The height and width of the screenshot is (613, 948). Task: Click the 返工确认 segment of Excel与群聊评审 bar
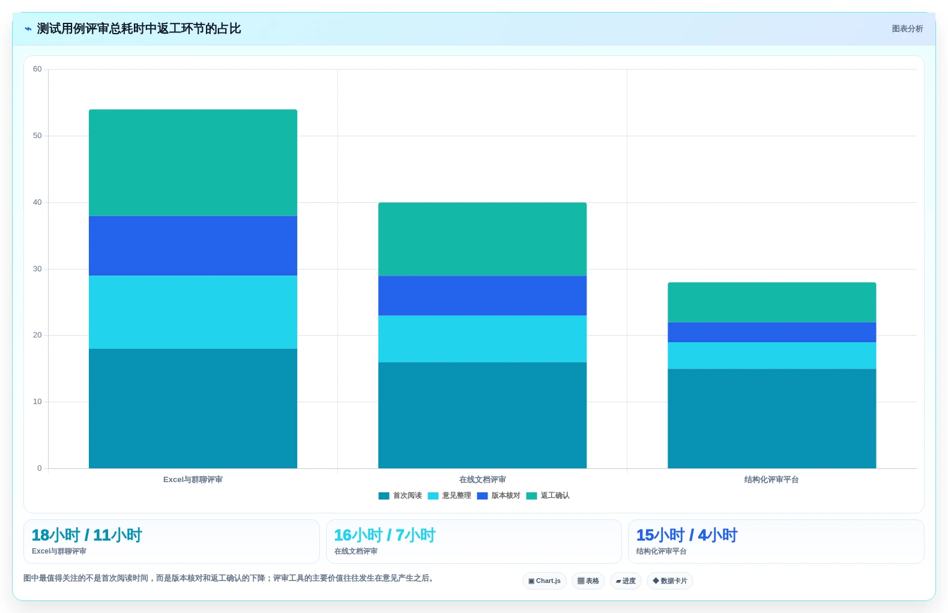tap(193, 163)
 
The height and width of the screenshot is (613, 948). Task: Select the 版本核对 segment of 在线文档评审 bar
tap(483, 295)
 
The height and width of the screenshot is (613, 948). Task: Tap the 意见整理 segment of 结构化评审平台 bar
tap(772, 355)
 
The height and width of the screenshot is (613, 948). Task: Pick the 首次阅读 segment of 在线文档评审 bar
tap(483, 415)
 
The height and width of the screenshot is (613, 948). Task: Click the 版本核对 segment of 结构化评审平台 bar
tap(772, 333)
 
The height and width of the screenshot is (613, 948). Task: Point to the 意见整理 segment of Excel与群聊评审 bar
tap(193, 312)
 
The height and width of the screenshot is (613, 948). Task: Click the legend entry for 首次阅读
tap(400, 496)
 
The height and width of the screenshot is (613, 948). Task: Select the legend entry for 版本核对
tap(498, 496)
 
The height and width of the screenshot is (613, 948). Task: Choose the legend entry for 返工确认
tap(548, 496)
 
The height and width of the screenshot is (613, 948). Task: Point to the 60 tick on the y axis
tap(37, 69)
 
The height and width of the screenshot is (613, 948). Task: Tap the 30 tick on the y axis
tap(37, 269)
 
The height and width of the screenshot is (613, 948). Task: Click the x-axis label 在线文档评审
tap(483, 480)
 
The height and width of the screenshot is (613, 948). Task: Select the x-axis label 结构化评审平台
tap(771, 480)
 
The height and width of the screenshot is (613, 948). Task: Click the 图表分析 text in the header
tap(907, 29)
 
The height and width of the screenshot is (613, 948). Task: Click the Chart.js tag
tap(545, 581)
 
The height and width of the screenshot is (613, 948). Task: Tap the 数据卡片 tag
tap(669, 581)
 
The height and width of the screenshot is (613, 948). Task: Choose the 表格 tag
tap(588, 581)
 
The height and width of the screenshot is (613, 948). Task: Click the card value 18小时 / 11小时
tap(87, 535)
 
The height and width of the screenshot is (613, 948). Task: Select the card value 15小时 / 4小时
tap(686, 535)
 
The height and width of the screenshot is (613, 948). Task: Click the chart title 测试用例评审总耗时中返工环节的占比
tap(139, 29)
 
